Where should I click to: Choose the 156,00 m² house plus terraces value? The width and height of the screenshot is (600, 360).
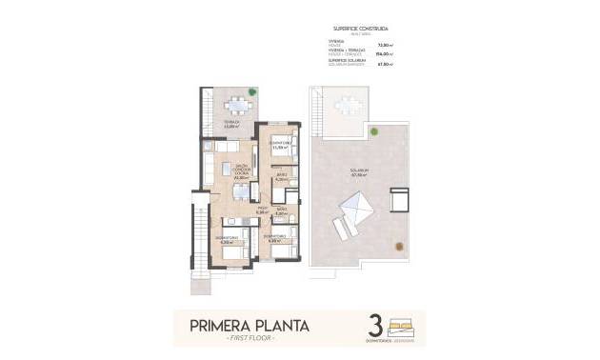[386, 54]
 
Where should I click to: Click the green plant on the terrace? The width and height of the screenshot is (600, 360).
[252, 92]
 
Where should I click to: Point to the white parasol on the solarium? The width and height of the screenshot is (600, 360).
[356, 205]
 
